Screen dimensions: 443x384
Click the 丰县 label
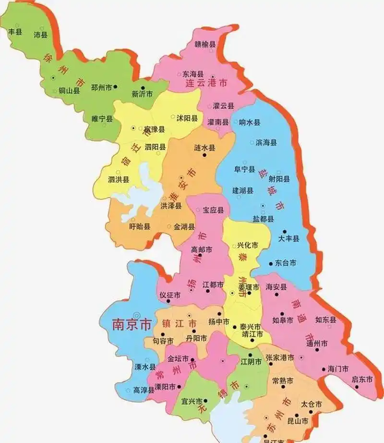(15, 32)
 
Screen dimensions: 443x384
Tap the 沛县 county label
(40, 35)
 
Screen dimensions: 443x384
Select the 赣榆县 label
(205, 44)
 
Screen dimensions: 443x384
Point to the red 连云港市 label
(206, 83)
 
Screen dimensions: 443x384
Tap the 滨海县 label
(266, 143)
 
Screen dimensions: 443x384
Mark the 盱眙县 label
(140, 226)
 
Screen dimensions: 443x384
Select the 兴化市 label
(248, 245)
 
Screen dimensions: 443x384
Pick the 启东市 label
(362, 379)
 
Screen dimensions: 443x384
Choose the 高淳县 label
(144, 390)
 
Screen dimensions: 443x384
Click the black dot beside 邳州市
(116, 87)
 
